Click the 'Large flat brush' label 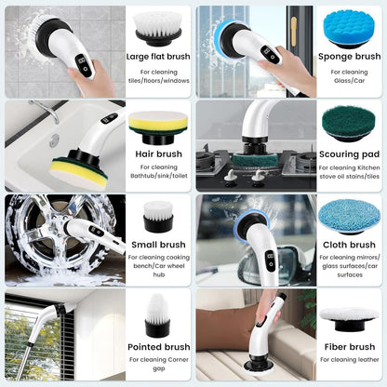(x=157, y=57)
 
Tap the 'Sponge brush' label (x=349, y=57)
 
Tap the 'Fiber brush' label (x=349, y=347)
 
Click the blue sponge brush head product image (x=348, y=28)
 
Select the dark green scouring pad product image (x=348, y=122)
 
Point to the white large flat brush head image (x=157, y=28)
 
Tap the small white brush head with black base (x=157, y=218)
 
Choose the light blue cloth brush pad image (x=348, y=216)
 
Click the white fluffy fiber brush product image (x=348, y=316)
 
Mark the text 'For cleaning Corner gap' (x=157, y=363)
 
